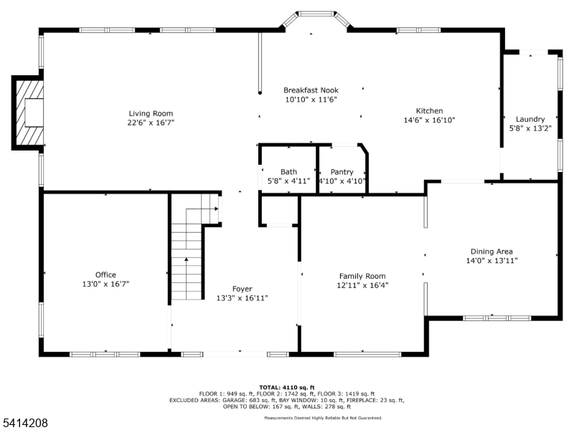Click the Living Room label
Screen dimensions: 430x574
pos(151,113)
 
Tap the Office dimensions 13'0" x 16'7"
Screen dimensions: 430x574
pos(105,284)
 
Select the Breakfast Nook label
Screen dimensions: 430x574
pos(311,90)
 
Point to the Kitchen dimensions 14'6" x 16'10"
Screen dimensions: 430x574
pos(430,120)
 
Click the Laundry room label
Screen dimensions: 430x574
pos(530,119)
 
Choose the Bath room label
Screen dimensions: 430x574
pos(288,172)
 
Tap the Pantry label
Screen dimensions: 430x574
pos(342,172)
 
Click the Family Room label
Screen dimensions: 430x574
pos(362,276)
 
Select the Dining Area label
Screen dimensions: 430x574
pos(491,252)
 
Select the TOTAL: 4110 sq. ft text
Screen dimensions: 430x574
pos(287,387)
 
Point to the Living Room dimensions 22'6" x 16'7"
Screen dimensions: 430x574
pos(151,123)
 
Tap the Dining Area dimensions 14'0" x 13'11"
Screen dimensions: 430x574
pos(491,261)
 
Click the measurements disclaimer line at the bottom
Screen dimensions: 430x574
pos(323,418)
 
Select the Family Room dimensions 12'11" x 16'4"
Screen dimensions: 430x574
pos(362,285)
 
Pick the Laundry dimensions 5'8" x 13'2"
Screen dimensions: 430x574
pos(530,129)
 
